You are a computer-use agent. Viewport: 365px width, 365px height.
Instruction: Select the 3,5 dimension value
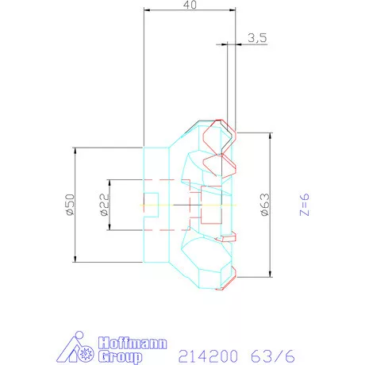point(256,36)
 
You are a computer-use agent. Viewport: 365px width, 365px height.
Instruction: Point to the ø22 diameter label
point(104,205)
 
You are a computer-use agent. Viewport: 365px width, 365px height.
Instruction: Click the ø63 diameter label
point(264,205)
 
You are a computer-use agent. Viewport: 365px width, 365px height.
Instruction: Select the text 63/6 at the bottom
point(266,356)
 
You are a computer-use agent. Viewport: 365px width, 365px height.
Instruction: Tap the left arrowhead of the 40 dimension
point(146,11)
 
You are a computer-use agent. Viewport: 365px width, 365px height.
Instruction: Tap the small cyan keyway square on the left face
point(150,205)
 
